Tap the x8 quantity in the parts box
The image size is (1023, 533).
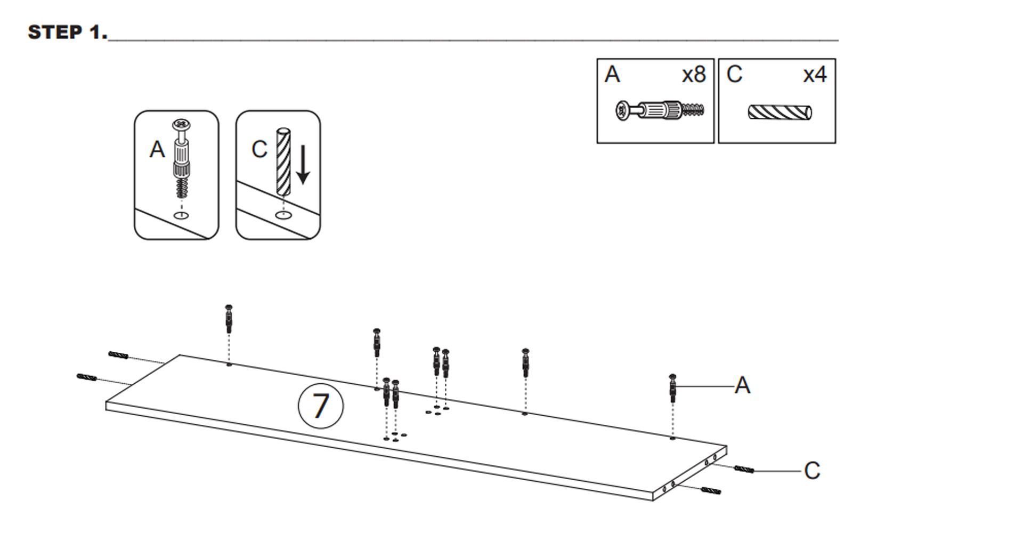pyautogui.click(x=694, y=75)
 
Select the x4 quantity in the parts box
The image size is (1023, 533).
pyautogui.click(x=815, y=75)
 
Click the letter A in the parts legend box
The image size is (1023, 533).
pyautogui.click(x=612, y=75)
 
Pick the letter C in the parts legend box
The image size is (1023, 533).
pyautogui.click(x=734, y=75)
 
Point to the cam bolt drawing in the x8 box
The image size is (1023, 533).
pyautogui.click(x=660, y=111)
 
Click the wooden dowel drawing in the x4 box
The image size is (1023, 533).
pyautogui.click(x=780, y=112)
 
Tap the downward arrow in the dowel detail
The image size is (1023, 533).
pyautogui.click(x=303, y=165)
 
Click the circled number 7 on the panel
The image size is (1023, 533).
pyautogui.click(x=320, y=406)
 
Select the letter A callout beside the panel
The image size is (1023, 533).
pyautogui.click(x=742, y=385)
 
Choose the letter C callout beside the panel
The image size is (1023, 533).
pyautogui.click(x=811, y=471)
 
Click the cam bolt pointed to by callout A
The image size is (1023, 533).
pyautogui.click(x=673, y=388)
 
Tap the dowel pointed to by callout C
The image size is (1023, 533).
pyautogui.click(x=744, y=470)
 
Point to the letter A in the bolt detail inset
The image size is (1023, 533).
pyautogui.click(x=157, y=150)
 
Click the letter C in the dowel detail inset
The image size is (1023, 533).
pyautogui.click(x=259, y=150)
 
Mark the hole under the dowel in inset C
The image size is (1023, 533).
pyautogui.click(x=283, y=215)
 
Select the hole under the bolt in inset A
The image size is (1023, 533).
pyautogui.click(x=182, y=215)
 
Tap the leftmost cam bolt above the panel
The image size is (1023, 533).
pyautogui.click(x=229, y=319)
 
